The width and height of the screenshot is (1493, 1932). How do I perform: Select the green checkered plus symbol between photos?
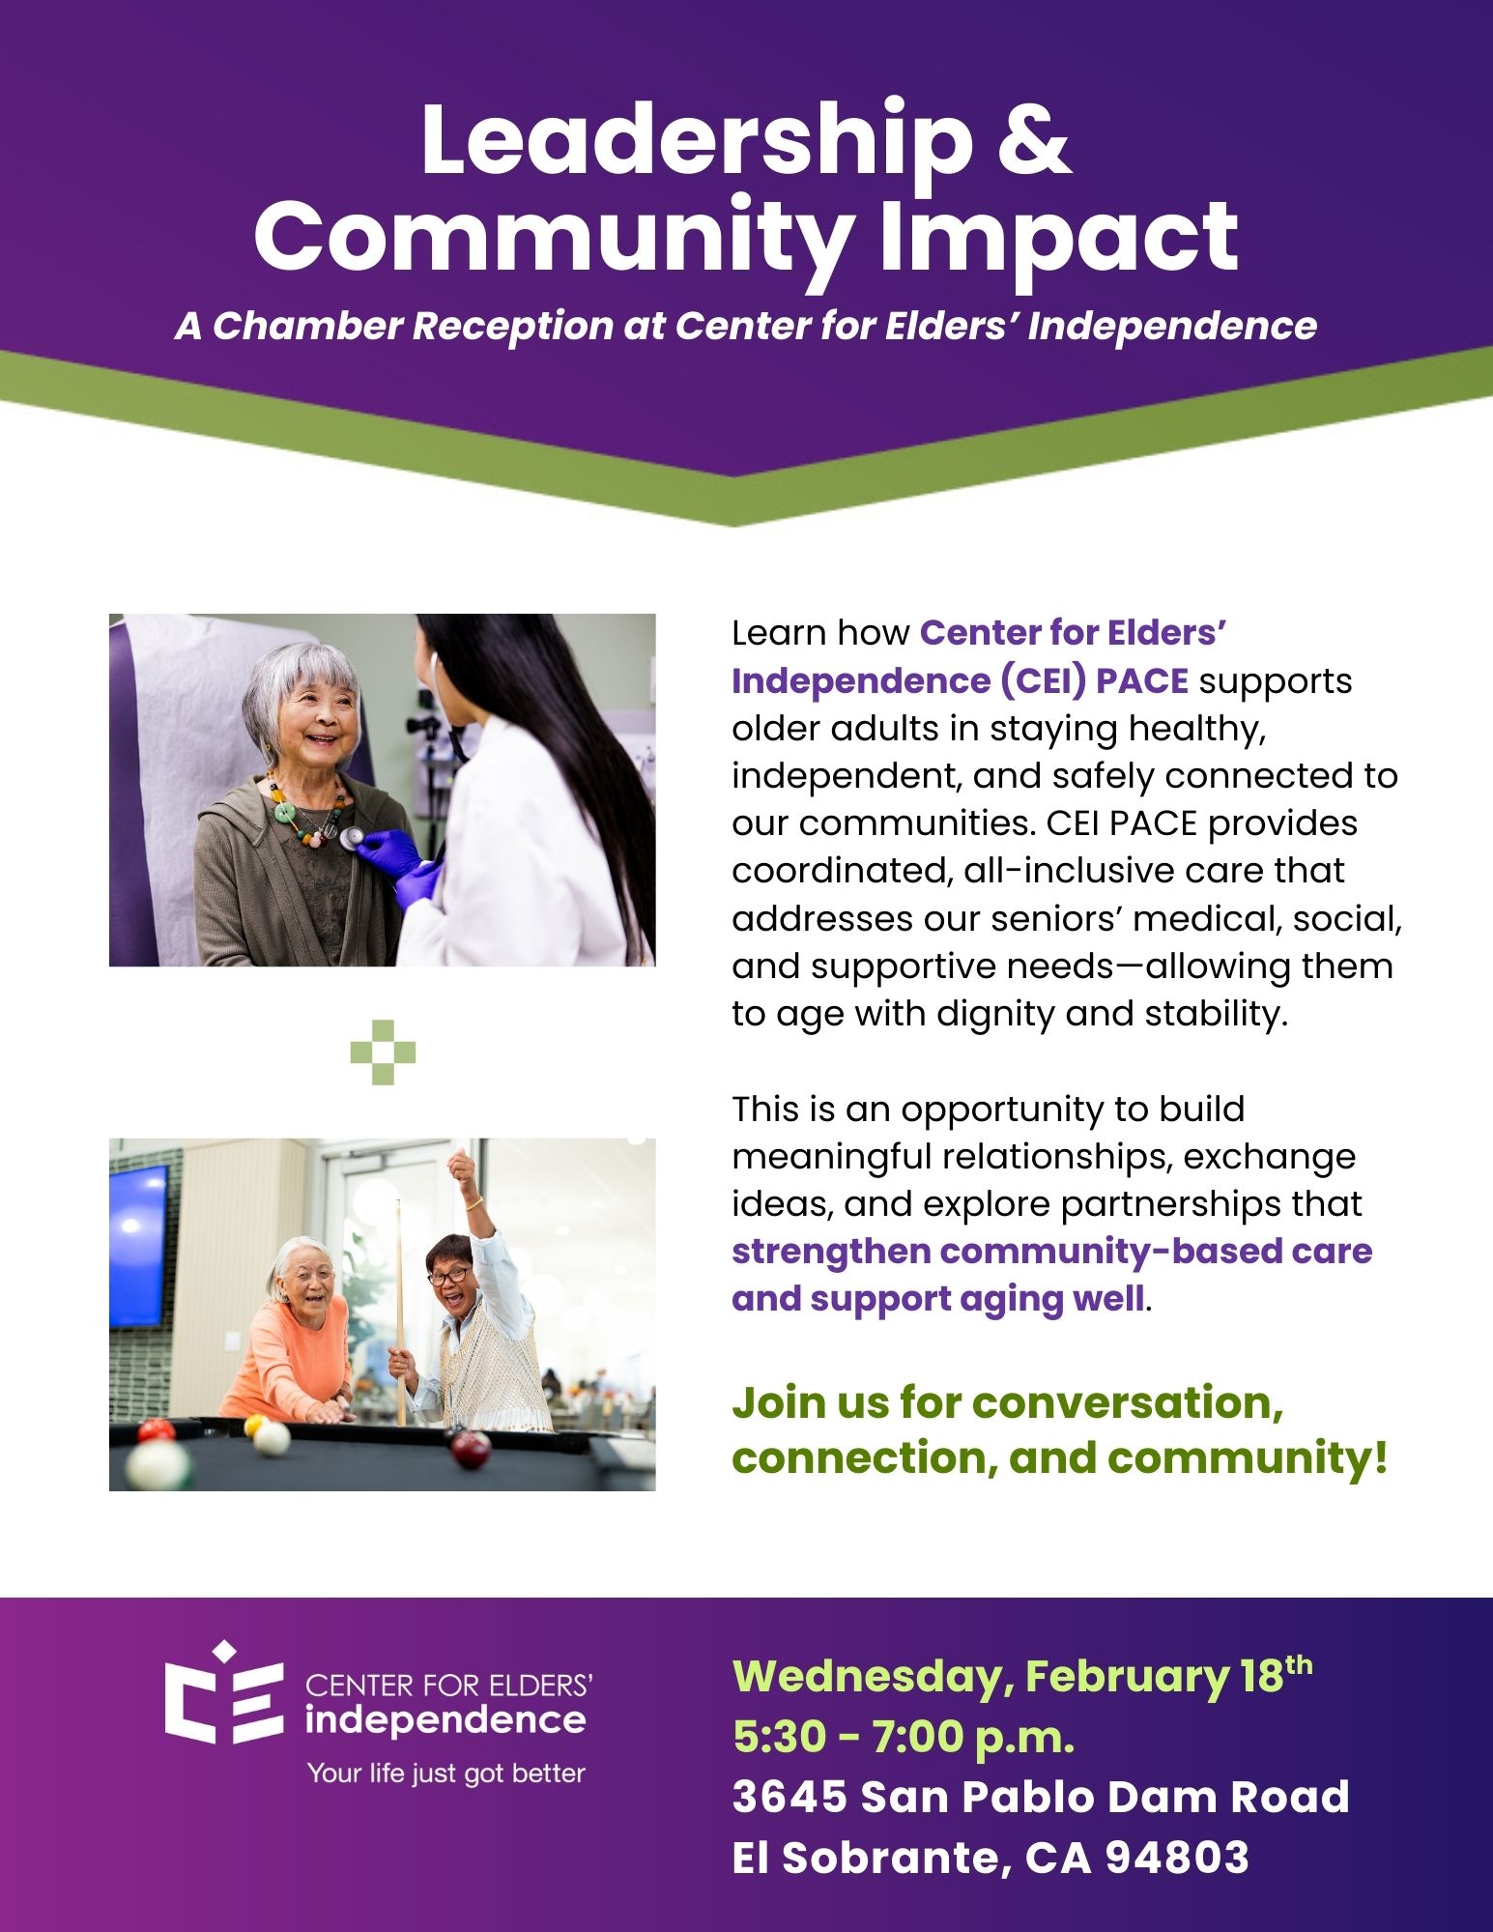coord(384,1052)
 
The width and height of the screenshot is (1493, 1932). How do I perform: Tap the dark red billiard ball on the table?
coord(471,1447)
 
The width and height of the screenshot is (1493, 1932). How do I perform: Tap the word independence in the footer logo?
coord(445,1720)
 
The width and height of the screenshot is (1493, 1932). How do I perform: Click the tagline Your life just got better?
coord(445,1773)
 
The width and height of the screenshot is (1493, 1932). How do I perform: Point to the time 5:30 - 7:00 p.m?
coord(904,1737)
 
